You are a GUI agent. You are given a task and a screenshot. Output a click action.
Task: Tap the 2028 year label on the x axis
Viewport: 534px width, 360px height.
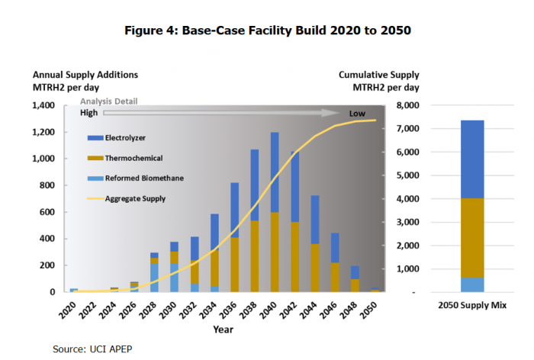tap(155, 309)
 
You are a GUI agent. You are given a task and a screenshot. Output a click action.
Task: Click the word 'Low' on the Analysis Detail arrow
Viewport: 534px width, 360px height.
tap(357, 114)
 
